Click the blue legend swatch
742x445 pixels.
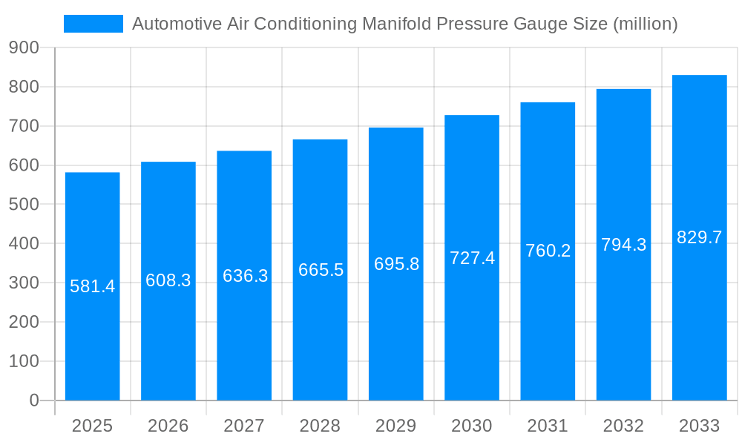pyautogui.click(x=93, y=24)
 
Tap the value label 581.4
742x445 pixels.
pyautogui.click(x=93, y=286)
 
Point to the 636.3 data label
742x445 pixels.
pyautogui.click(x=246, y=276)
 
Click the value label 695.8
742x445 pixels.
pyautogui.click(x=397, y=264)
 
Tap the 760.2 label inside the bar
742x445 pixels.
pyautogui.click(x=548, y=251)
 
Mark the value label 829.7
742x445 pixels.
pyautogui.click(x=699, y=237)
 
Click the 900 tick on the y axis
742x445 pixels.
pyautogui.click(x=24, y=47)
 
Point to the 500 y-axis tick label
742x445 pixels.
pyautogui.click(x=24, y=204)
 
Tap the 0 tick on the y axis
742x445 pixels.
pyautogui.click(x=34, y=400)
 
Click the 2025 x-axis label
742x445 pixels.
pyautogui.click(x=93, y=426)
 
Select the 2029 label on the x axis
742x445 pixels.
pyautogui.click(x=396, y=426)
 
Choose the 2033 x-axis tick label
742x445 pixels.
pyautogui.click(x=699, y=426)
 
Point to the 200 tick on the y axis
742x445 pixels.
pyautogui.click(x=24, y=322)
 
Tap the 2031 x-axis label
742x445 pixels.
pyautogui.click(x=548, y=426)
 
